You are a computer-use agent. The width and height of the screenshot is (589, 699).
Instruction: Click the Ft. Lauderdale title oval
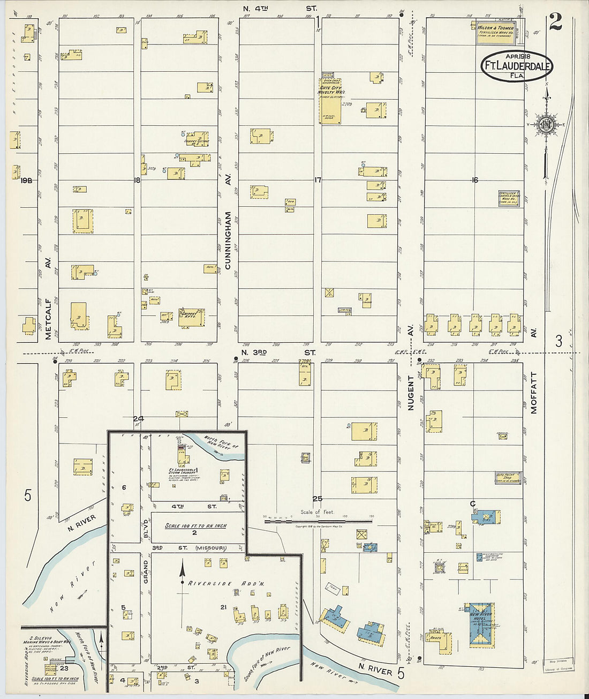click(x=516, y=66)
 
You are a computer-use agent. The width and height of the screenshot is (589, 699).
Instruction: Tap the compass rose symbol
click(x=547, y=124)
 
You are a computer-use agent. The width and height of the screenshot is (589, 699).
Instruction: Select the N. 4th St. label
click(x=280, y=9)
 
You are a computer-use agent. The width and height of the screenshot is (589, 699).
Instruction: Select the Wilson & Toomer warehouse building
click(x=496, y=32)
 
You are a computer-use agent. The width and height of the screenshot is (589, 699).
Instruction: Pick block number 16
click(x=474, y=180)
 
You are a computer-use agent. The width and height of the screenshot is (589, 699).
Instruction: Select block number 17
click(x=318, y=180)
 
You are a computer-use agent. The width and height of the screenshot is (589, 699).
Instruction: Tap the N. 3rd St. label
click(x=278, y=352)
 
